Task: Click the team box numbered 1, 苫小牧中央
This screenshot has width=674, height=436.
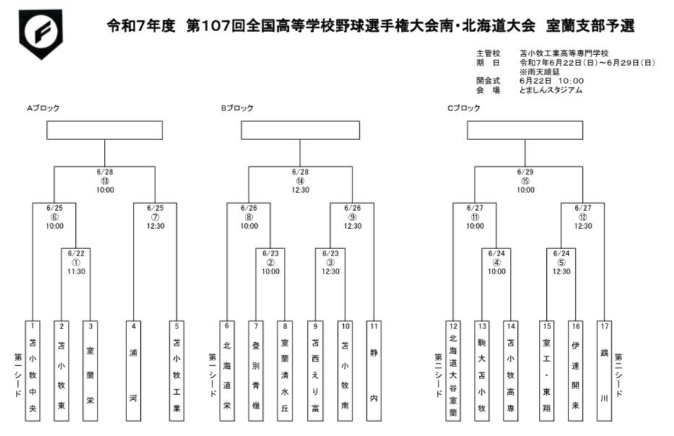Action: (33, 370)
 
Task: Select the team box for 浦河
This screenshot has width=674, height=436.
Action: (134, 370)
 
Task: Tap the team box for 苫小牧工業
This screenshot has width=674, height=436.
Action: (177, 370)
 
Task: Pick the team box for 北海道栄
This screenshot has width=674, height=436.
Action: (227, 370)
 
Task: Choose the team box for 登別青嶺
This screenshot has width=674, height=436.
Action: (255, 370)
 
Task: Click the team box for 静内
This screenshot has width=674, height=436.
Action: (373, 370)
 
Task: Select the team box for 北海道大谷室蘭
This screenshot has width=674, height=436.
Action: (453, 370)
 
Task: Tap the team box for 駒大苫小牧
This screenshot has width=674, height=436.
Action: (482, 370)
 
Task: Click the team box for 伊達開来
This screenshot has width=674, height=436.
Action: (576, 370)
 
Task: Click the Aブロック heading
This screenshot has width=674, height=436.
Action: (43, 108)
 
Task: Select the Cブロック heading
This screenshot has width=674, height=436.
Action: (464, 108)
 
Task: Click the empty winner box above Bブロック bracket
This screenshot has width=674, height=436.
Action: (301, 130)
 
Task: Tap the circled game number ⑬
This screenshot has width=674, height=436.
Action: (105, 181)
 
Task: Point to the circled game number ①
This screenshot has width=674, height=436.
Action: (76, 262)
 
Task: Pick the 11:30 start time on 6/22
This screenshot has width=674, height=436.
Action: (76, 271)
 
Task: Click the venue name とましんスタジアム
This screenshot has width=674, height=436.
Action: (550, 90)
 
